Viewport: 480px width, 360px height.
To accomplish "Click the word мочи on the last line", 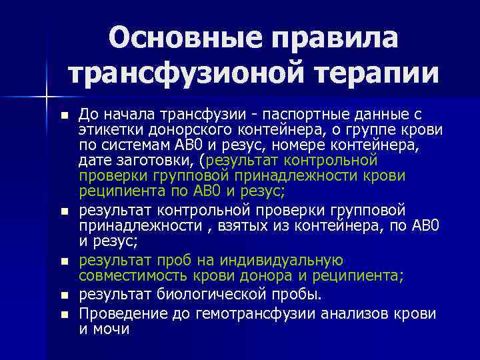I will [111, 329].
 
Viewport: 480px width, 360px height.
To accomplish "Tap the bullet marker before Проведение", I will [64, 313].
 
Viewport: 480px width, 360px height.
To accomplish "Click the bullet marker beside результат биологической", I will [64, 295].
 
